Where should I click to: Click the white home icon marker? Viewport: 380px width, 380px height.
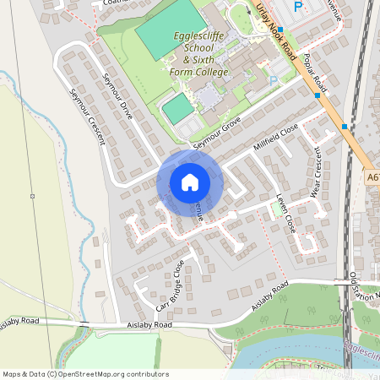189,182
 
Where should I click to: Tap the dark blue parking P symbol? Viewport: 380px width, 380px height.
297,7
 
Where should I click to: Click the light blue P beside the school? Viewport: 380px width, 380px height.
272,81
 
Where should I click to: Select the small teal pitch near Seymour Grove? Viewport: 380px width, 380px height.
177,109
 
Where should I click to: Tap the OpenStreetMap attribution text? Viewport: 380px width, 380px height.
85,374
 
